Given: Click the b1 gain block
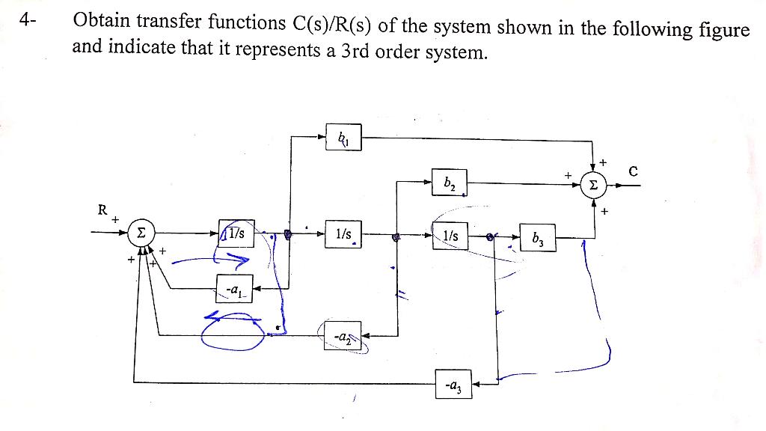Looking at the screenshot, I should click(x=344, y=138).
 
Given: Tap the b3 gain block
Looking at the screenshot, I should click(x=539, y=239).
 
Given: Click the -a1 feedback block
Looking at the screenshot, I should click(x=236, y=287).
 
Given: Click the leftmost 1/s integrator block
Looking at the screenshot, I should click(x=237, y=233).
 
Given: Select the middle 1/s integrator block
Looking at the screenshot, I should click(x=344, y=233).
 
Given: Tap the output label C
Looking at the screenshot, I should click(x=633, y=171).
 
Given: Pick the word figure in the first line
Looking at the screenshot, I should click(x=720, y=30).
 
